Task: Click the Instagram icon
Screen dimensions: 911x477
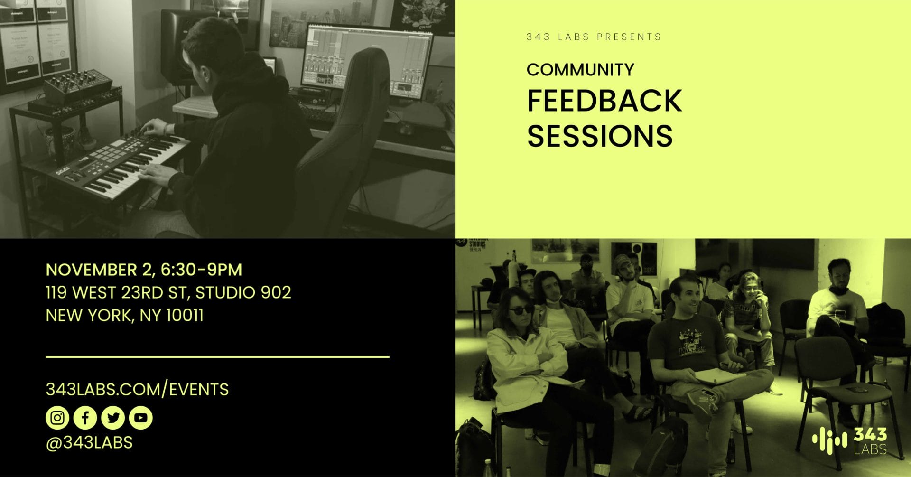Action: click(x=57, y=418)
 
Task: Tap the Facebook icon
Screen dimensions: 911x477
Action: click(x=85, y=418)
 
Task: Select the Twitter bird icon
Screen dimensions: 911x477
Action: click(x=113, y=418)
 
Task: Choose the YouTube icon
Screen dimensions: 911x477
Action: click(x=140, y=418)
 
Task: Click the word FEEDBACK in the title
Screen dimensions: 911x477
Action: click(x=604, y=101)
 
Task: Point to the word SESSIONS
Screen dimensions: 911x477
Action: click(x=600, y=136)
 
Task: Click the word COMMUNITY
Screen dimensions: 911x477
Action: click(x=580, y=70)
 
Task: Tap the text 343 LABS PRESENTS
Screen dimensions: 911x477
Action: click(x=594, y=37)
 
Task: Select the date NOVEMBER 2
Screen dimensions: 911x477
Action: click(x=99, y=270)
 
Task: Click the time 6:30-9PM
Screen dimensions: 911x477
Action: click(x=201, y=270)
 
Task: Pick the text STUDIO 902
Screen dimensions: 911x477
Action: click(x=243, y=292)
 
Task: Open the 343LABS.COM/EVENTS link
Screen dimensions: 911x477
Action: click(x=137, y=389)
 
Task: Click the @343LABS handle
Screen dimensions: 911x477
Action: click(x=89, y=442)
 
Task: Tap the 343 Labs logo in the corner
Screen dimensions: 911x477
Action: click(x=849, y=441)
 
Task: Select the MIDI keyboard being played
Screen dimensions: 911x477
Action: click(x=122, y=166)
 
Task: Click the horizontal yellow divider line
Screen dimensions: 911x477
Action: click(x=217, y=356)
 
